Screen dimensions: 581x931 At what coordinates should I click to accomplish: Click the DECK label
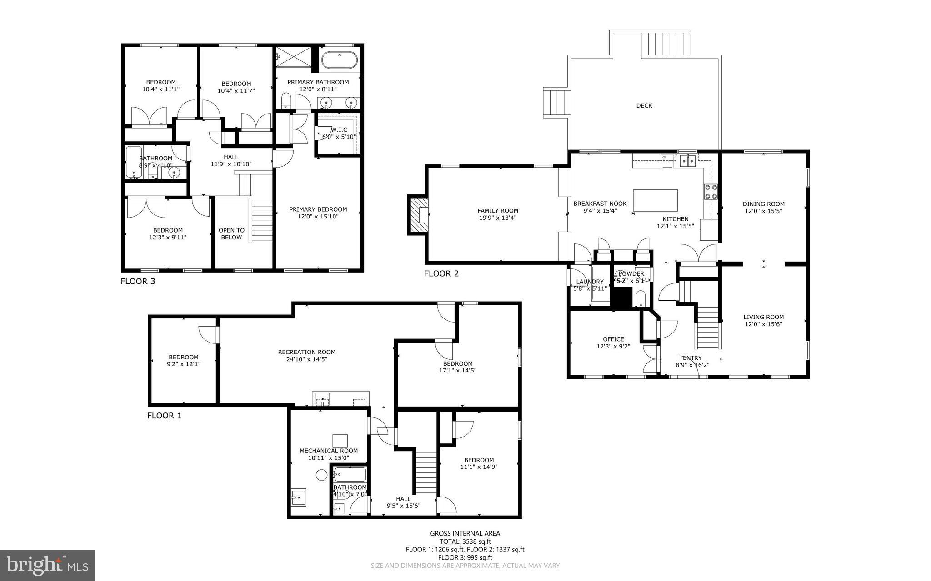[644, 106]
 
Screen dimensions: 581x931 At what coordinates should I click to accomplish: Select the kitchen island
[655, 200]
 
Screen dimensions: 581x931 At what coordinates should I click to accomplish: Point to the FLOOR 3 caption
[138, 281]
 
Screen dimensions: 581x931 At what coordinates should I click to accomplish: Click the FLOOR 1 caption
[164, 416]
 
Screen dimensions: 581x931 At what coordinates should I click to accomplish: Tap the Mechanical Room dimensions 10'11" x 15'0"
[328, 458]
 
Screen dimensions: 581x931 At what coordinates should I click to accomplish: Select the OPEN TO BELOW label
[231, 233]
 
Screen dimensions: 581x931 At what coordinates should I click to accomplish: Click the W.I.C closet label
[339, 130]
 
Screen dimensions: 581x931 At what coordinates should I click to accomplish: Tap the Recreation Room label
[307, 352]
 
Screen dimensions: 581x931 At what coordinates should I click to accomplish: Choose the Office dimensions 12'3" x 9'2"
[613, 346]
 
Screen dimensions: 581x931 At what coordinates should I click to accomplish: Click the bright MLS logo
[47, 565]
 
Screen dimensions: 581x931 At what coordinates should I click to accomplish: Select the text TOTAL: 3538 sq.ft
[465, 541]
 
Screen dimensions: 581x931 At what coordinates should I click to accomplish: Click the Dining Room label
[763, 204]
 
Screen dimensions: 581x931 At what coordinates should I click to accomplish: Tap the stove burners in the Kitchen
[711, 192]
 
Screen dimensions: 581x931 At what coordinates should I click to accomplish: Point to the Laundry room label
[590, 282]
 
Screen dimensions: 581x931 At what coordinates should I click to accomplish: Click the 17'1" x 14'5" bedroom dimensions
[458, 370]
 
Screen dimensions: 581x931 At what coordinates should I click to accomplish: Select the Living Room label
[763, 317]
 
